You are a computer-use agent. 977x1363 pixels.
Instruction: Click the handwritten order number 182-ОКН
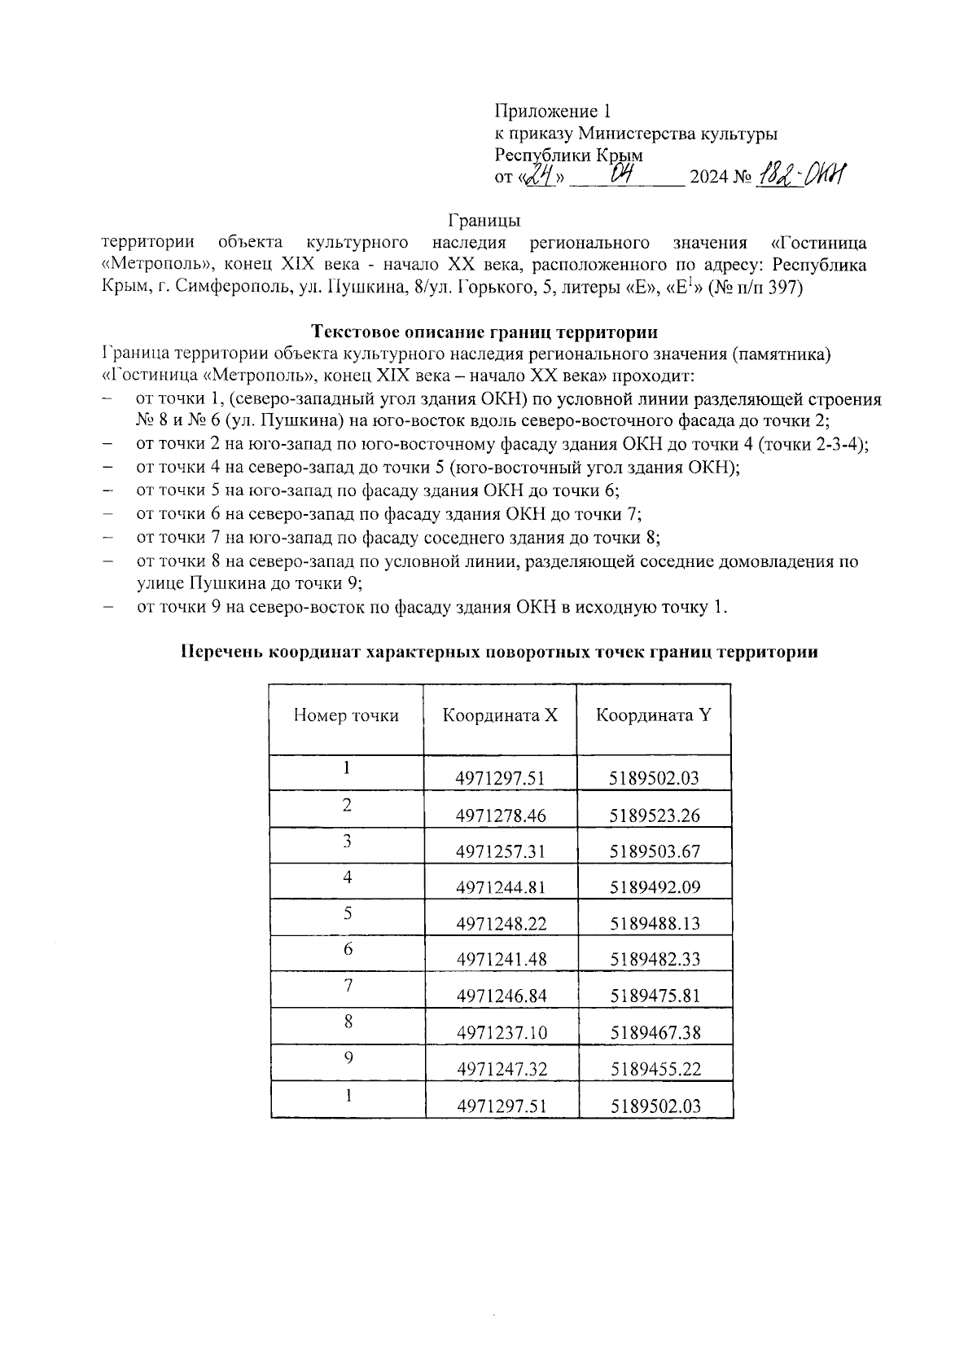tap(801, 174)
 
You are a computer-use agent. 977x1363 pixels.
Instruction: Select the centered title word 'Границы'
tap(484, 220)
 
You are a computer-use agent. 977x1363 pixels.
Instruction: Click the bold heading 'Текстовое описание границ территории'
tap(484, 332)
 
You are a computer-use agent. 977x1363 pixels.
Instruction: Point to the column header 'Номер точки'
tap(346, 715)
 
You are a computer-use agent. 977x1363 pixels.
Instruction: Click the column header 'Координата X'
tap(500, 715)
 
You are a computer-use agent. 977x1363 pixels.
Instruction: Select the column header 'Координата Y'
tap(654, 715)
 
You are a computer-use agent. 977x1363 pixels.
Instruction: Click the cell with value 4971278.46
tap(501, 816)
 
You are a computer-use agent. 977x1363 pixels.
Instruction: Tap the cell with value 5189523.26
tap(655, 816)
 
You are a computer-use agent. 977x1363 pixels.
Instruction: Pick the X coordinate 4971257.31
tap(501, 851)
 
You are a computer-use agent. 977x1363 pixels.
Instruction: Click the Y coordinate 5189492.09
tap(655, 887)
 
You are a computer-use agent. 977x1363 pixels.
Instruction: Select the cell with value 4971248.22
tap(501, 923)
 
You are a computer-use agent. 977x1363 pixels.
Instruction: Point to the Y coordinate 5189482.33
tap(655, 959)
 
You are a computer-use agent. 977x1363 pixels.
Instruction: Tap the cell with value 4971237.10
tap(501, 1032)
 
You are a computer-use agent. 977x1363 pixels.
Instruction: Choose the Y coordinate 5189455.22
tap(655, 1069)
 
